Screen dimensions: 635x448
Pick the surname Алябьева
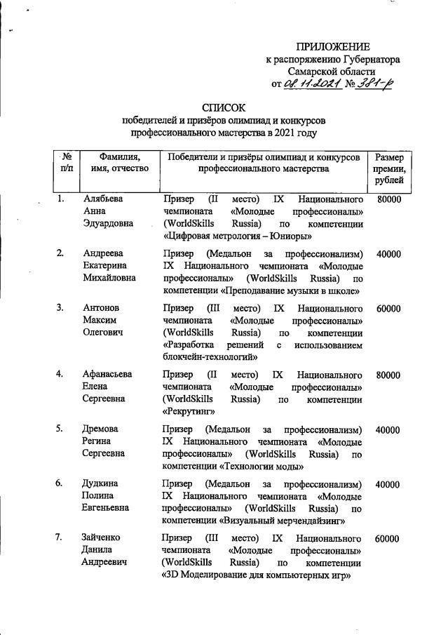tap(102, 199)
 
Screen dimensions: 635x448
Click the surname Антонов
tap(102, 308)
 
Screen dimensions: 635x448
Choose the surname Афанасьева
tap(107, 374)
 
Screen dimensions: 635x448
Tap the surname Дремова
tap(100, 429)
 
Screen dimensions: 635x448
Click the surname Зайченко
tap(102, 538)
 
